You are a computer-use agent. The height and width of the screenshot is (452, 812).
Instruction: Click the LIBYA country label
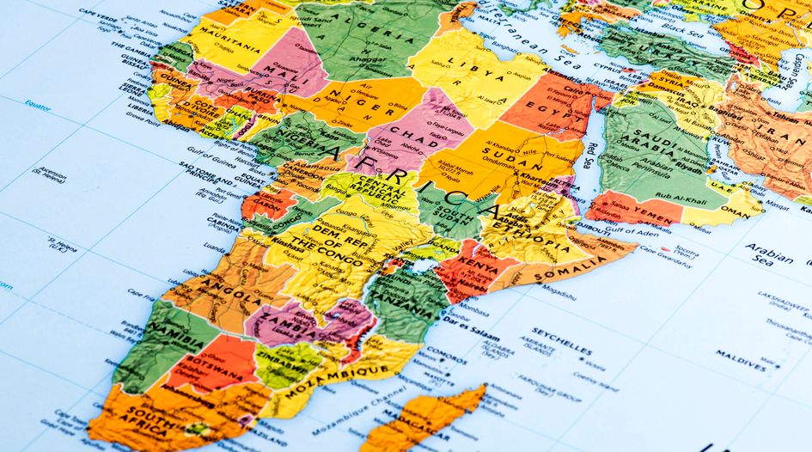(460, 66)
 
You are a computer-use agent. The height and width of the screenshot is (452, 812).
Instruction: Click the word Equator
(38, 107)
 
